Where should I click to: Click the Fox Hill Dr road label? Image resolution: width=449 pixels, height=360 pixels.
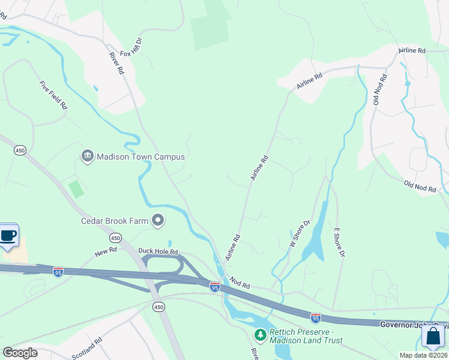[x=131, y=47]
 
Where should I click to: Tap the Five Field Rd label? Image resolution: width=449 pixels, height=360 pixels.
[x=53, y=95]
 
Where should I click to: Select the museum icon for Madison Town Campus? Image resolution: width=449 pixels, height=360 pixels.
[x=87, y=157]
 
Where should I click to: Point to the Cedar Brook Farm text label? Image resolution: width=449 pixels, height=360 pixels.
[x=115, y=221]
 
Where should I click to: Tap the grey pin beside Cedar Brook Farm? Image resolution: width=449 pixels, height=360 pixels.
[x=158, y=221]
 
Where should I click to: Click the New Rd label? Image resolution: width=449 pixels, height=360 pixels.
[x=104, y=253]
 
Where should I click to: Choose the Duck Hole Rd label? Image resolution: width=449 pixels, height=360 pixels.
[x=158, y=251]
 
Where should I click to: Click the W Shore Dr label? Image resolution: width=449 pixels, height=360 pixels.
[x=300, y=235]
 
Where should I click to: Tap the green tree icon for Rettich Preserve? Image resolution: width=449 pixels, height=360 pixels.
[x=261, y=334]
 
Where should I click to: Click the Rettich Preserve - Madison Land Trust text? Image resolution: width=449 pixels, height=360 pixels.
[x=306, y=336]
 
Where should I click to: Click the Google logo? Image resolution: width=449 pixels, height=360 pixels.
[x=20, y=352]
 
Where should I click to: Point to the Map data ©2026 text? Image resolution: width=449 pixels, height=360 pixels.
[x=424, y=355]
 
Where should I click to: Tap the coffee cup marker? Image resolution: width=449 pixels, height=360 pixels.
[x=8, y=235]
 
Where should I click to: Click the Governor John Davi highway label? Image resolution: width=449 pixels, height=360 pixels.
[x=414, y=324]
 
